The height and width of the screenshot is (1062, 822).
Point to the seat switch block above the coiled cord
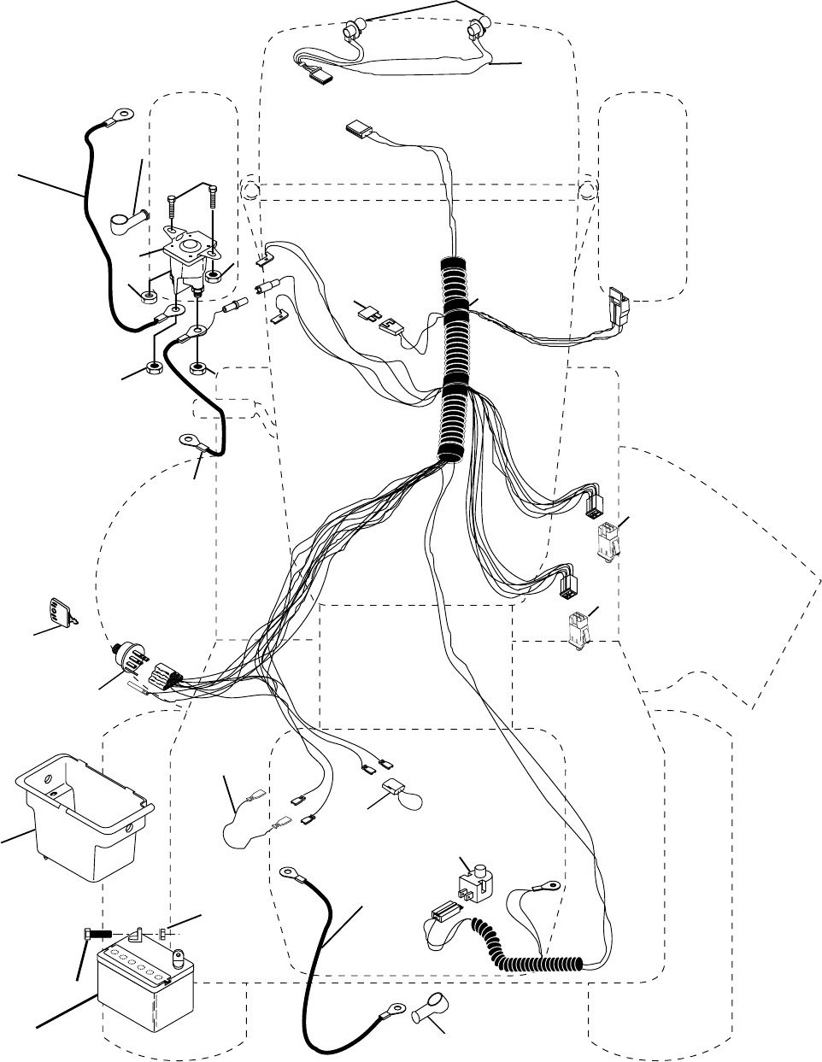click(475, 883)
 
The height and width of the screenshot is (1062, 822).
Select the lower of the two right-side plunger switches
click(578, 629)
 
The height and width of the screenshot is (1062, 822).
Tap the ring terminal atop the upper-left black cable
click(123, 112)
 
